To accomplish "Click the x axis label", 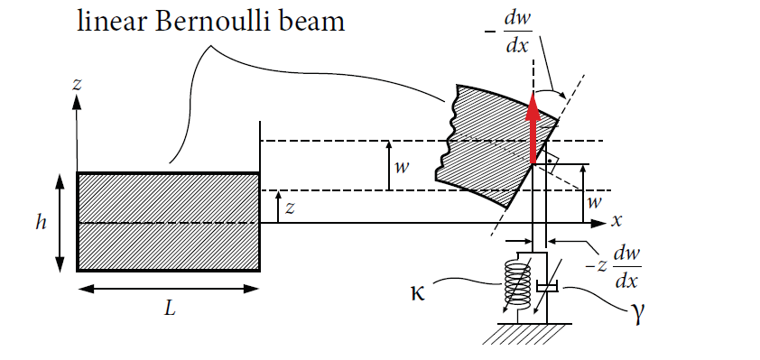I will pyautogui.click(x=617, y=219).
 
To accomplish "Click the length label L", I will pyautogui.click(x=169, y=309).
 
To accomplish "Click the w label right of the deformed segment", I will pyautogui.click(x=594, y=200).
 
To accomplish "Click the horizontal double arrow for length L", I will pyautogui.click(x=169, y=289).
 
